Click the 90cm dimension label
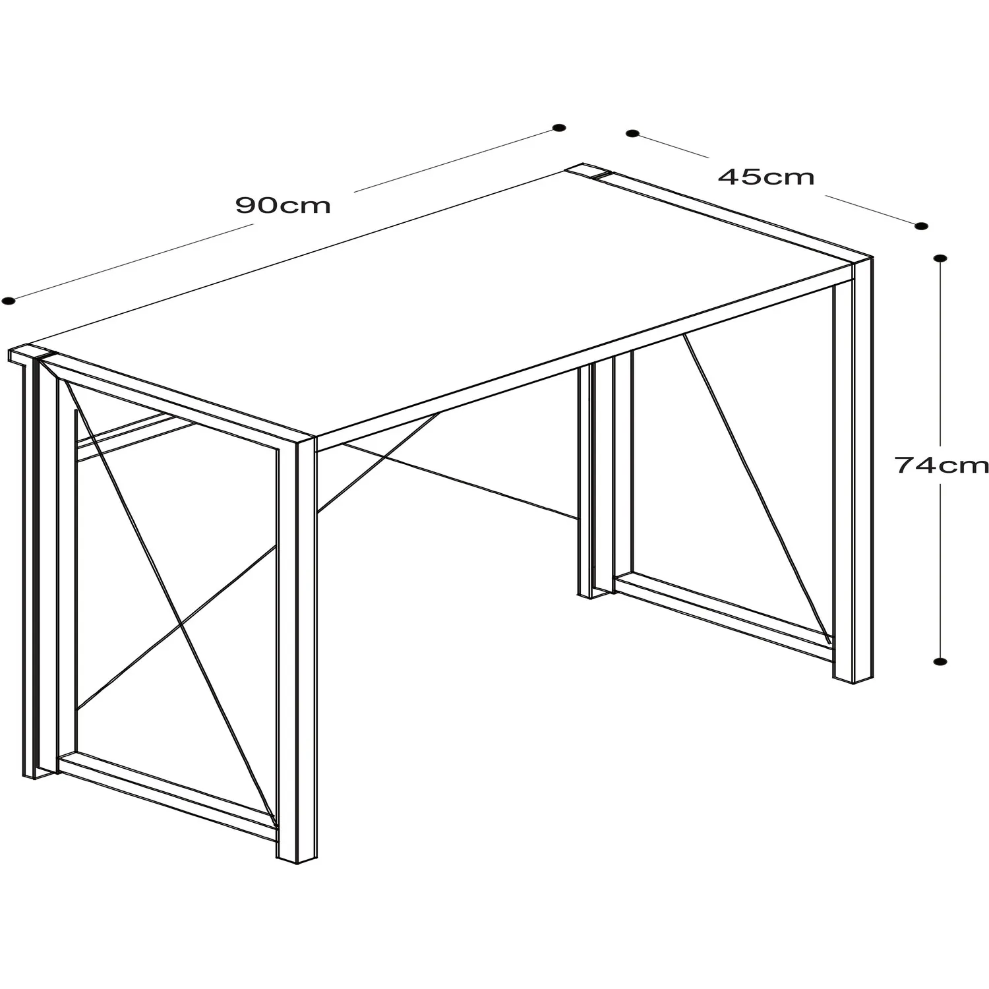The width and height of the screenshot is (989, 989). (x=283, y=206)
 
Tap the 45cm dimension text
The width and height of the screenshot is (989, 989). (x=766, y=177)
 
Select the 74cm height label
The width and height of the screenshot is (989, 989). (x=942, y=465)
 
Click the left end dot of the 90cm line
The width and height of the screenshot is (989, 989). (x=8, y=301)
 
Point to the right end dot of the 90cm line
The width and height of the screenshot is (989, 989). (x=559, y=128)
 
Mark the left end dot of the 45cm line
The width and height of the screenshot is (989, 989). (x=632, y=133)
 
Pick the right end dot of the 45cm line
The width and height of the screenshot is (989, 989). (x=921, y=226)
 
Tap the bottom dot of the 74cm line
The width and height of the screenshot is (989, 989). (x=941, y=660)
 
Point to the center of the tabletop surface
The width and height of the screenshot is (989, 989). (x=448, y=303)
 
